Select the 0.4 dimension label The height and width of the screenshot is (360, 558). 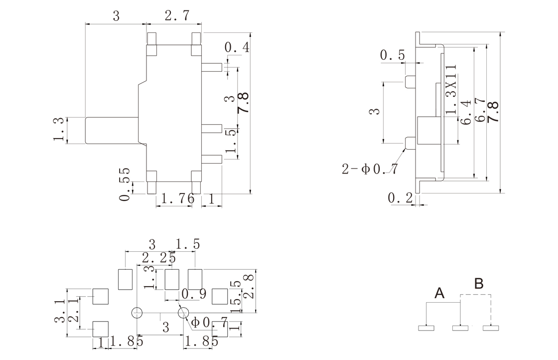click(237, 48)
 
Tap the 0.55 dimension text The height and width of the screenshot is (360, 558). click(125, 184)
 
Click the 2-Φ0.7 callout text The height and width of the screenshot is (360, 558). click(370, 169)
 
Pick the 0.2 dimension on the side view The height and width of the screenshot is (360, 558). click(400, 198)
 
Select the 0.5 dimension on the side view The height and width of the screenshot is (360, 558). click(393, 55)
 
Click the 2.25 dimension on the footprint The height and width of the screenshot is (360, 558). click(158, 258)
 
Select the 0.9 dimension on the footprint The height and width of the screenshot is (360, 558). click(194, 294)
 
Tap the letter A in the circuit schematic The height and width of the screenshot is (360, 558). click(439, 293)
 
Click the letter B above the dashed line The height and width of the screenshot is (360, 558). click(478, 284)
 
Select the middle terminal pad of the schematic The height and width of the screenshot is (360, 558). click(460, 328)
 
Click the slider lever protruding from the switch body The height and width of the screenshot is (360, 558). click(111, 131)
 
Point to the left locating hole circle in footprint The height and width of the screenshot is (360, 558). click(137, 313)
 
